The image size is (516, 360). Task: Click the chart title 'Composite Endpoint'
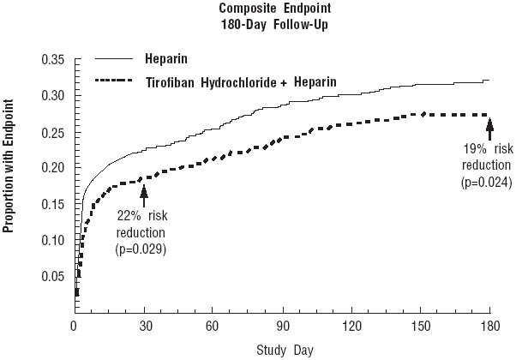[x=256, y=9]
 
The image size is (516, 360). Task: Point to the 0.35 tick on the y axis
[x=52, y=60]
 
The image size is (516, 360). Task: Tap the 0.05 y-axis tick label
[x=52, y=276]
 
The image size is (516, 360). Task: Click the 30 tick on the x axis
[x=143, y=327]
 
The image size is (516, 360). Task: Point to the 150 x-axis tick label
[x=420, y=327]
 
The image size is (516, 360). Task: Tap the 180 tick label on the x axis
[x=489, y=327]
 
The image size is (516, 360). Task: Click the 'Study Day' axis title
[x=281, y=350]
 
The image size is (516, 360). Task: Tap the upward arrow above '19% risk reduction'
[x=489, y=129]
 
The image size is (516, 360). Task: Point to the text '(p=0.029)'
[x=141, y=249]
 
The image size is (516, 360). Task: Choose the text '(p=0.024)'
[x=486, y=181]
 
